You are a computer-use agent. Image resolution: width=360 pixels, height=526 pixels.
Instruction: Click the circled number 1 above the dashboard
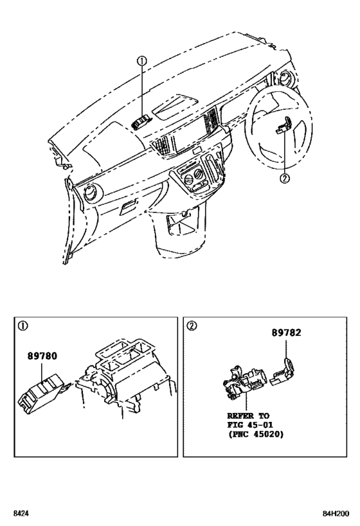coord(142,61)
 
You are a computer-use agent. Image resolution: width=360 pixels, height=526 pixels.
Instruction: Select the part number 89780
coord(42,355)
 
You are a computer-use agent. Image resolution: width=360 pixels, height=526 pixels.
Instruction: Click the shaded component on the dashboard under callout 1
coord(143,120)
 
